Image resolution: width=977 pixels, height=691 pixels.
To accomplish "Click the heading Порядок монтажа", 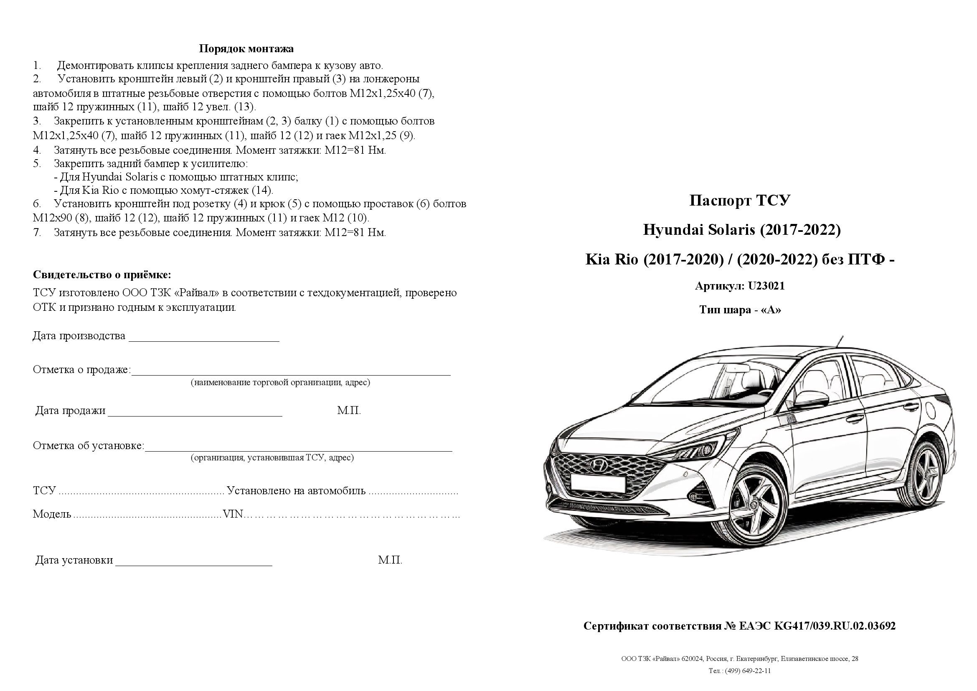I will (246, 49).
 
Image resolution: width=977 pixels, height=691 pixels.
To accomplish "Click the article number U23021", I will (766, 286).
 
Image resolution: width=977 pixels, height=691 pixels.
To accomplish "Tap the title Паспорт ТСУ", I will (739, 201).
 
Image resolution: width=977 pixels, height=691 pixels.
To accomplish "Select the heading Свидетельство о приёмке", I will (102, 274).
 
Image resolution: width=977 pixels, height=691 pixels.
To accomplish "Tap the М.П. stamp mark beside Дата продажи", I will (348, 411).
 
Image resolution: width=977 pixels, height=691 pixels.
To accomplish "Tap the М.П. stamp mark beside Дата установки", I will (390, 560).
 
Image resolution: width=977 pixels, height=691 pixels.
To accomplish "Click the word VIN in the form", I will (233, 514).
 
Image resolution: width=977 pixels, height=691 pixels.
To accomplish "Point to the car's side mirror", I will (810, 399).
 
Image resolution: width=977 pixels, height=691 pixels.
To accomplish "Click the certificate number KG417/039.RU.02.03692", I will (834, 626).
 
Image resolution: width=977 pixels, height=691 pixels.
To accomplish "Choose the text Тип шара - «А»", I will (740, 310).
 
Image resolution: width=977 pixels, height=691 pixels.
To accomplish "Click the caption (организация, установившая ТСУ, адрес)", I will (272, 458).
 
